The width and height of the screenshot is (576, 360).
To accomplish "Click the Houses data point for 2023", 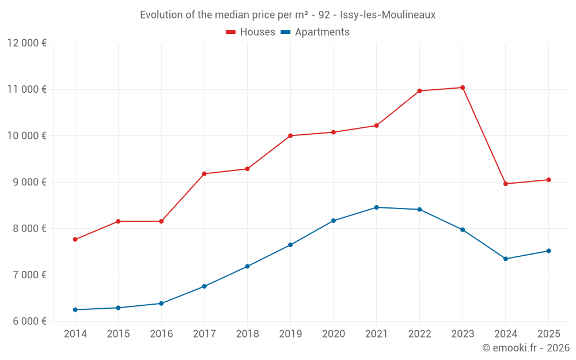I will [x=463, y=88].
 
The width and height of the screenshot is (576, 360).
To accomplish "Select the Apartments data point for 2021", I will [x=377, y=207].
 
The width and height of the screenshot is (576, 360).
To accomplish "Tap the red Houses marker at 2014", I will [x=75, y=239].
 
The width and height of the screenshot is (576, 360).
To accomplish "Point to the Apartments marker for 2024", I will [x=506, y=259].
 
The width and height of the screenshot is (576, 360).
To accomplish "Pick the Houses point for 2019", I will [x=290, y=136].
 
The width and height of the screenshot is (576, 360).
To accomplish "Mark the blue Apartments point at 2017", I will [x=204, y=286].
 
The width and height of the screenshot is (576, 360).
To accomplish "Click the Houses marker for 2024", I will [x=506, y=184].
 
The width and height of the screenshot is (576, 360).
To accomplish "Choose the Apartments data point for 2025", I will [x=548, y=251].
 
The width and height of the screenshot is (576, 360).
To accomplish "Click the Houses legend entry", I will [x=251, y=32].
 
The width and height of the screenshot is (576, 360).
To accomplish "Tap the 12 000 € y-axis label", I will [x=27, y=43].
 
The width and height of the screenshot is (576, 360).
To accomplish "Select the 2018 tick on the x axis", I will [x=248, y=334].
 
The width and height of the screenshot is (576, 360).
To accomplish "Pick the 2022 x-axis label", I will [x=419, y=334].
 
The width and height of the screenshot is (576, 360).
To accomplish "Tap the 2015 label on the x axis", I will [x=119, y=334].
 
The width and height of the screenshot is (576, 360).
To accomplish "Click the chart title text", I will [x=288, y=14].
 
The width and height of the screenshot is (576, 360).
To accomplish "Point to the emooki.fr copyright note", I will [x=526, y=348].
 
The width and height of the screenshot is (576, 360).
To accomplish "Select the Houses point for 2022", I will [x=419, y=91].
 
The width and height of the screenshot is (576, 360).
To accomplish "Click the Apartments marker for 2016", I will [x=161, y=304].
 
